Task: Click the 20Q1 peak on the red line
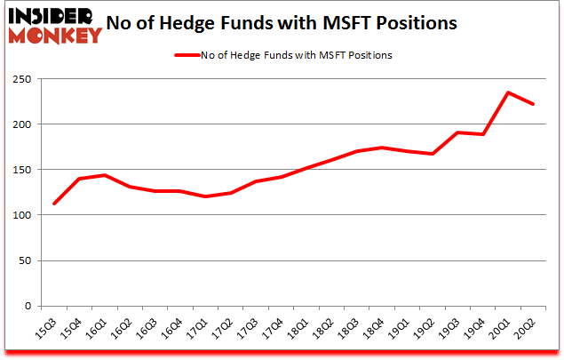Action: click(x=508, y=92)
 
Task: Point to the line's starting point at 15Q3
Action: click(x=53, y=204)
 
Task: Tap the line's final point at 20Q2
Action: click(x=533, y=104)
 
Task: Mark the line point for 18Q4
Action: click(x=381, y=148)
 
